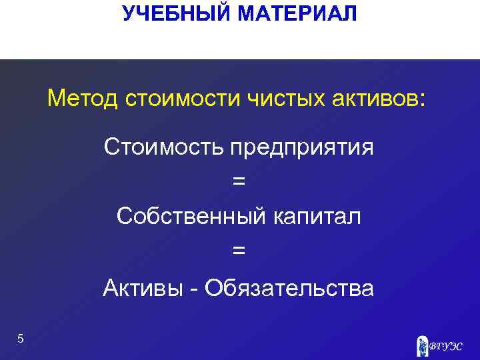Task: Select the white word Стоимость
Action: coord(164,147)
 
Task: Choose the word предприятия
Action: coord(302,148)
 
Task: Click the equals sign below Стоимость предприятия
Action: coord(239,181)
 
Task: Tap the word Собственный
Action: coord(191,216)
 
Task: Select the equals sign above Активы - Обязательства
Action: coord(239,251)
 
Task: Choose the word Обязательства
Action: coord(289,288)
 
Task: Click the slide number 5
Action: coord(21,339)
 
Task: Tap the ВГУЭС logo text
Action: coord(445,346)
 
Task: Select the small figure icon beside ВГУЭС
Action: coord(421,345)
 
